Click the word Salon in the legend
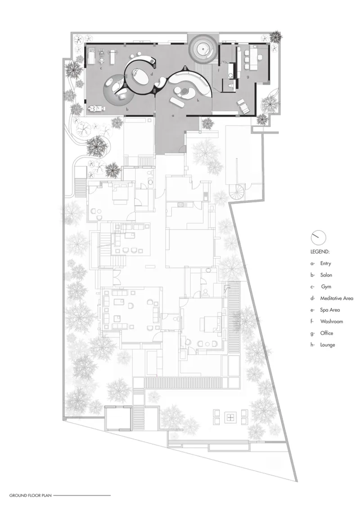click(326, 275)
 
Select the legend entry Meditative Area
click(337, 298)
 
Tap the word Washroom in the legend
click(331, 321)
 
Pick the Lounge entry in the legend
click(328, 345)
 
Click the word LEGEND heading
click(319, 252)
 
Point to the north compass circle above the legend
click(318, 237)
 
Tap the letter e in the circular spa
click(203, 49)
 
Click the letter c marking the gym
click(101, 68)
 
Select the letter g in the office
click(248, 77)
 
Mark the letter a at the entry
click(173, 115)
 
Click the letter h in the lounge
click(198, 101)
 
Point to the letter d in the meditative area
click(152, 74)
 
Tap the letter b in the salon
click(127, 109)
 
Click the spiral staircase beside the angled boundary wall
click(238, 191)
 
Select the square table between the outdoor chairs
click(230, 417)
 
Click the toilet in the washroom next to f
click(231, 86)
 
